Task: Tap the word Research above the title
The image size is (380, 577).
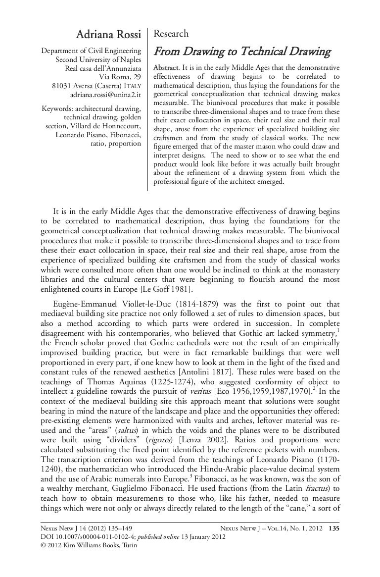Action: [171, 34]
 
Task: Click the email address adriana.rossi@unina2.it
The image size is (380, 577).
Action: [106, 94]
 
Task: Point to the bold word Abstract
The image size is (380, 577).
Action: [167, 67]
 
